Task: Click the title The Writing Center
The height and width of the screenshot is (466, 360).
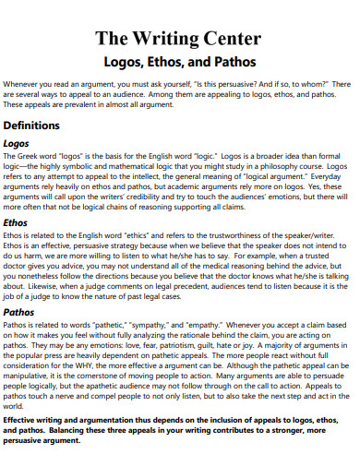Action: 179,40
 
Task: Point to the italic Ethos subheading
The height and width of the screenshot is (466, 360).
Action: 18,222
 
